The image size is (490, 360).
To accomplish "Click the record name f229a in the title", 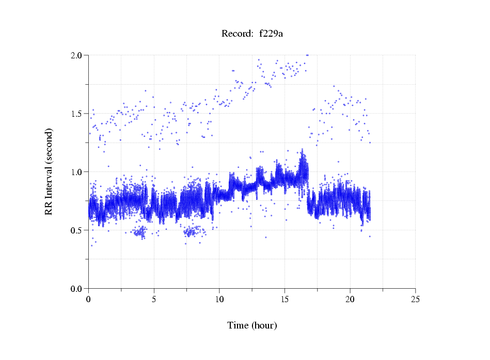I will click(x=272, y=34).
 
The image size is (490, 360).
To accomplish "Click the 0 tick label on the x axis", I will click(x=89, y=299).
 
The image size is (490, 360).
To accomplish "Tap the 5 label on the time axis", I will click(x=154, y=299).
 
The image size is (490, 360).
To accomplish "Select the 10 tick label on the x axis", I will click(x=219, y=299).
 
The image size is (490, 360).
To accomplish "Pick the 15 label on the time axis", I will click(x=284, y=299).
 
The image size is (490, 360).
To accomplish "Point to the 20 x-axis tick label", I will click(x=350, y=299).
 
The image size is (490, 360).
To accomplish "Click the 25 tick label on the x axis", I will click(x=415, y=299).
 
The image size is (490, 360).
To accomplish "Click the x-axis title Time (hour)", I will click(x=252, y=325).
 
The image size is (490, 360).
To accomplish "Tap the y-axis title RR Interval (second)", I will click(x=49, y=171).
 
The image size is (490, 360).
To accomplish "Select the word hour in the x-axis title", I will click(x=264, y=325).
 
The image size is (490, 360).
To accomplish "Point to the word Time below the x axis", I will click(x=238, y=325).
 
